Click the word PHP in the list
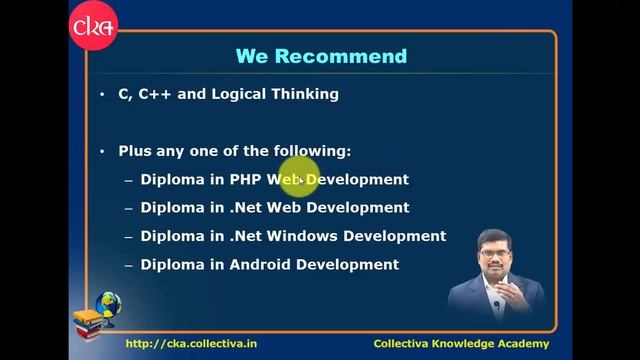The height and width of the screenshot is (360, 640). [x=246, y=180]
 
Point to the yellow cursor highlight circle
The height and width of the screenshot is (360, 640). [x=299, y=178]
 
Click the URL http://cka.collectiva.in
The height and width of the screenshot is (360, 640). [x=192, y=343]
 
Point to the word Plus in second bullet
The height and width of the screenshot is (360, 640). [x=135, y=151]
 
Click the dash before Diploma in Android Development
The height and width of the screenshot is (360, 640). [x=129, y=265]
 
